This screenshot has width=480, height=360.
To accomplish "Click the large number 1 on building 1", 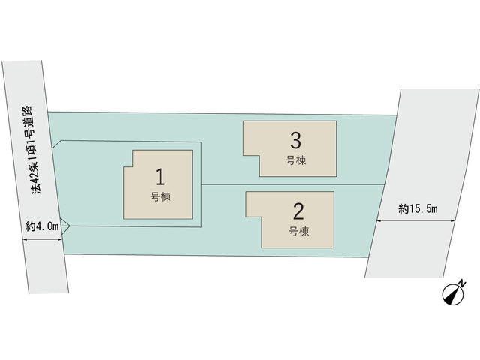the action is pos(160,177).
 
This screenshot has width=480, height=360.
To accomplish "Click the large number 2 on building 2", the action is pos(298,211).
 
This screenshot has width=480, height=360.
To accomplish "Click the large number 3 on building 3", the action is pos(295,141).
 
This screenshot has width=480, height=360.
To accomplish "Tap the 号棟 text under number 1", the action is pos(160,196).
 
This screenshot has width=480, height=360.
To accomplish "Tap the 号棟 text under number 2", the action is pos(298,231).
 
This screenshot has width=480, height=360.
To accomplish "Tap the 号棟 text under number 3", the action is pos(296,160).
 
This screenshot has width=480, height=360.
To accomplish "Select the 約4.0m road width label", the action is pos(42,226).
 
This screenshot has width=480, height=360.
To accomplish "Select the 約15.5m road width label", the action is pos(418,208).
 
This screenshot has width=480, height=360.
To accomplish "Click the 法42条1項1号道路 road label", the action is pos(32,150).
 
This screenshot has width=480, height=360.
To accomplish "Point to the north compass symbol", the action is pos(453,295).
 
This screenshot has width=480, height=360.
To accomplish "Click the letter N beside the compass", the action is pos(462,283).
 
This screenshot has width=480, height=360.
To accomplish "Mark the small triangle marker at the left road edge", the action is pos(65,226).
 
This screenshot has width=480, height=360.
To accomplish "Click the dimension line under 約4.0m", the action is pos(43,241).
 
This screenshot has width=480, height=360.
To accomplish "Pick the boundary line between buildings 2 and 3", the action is pos(293,184).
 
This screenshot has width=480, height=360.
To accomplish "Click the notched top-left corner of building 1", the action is pos(133,166).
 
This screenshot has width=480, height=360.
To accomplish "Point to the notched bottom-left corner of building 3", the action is pos(260,155).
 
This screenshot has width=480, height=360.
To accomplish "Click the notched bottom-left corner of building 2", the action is pos(262,217).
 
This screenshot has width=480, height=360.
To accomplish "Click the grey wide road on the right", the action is pos(422,184).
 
